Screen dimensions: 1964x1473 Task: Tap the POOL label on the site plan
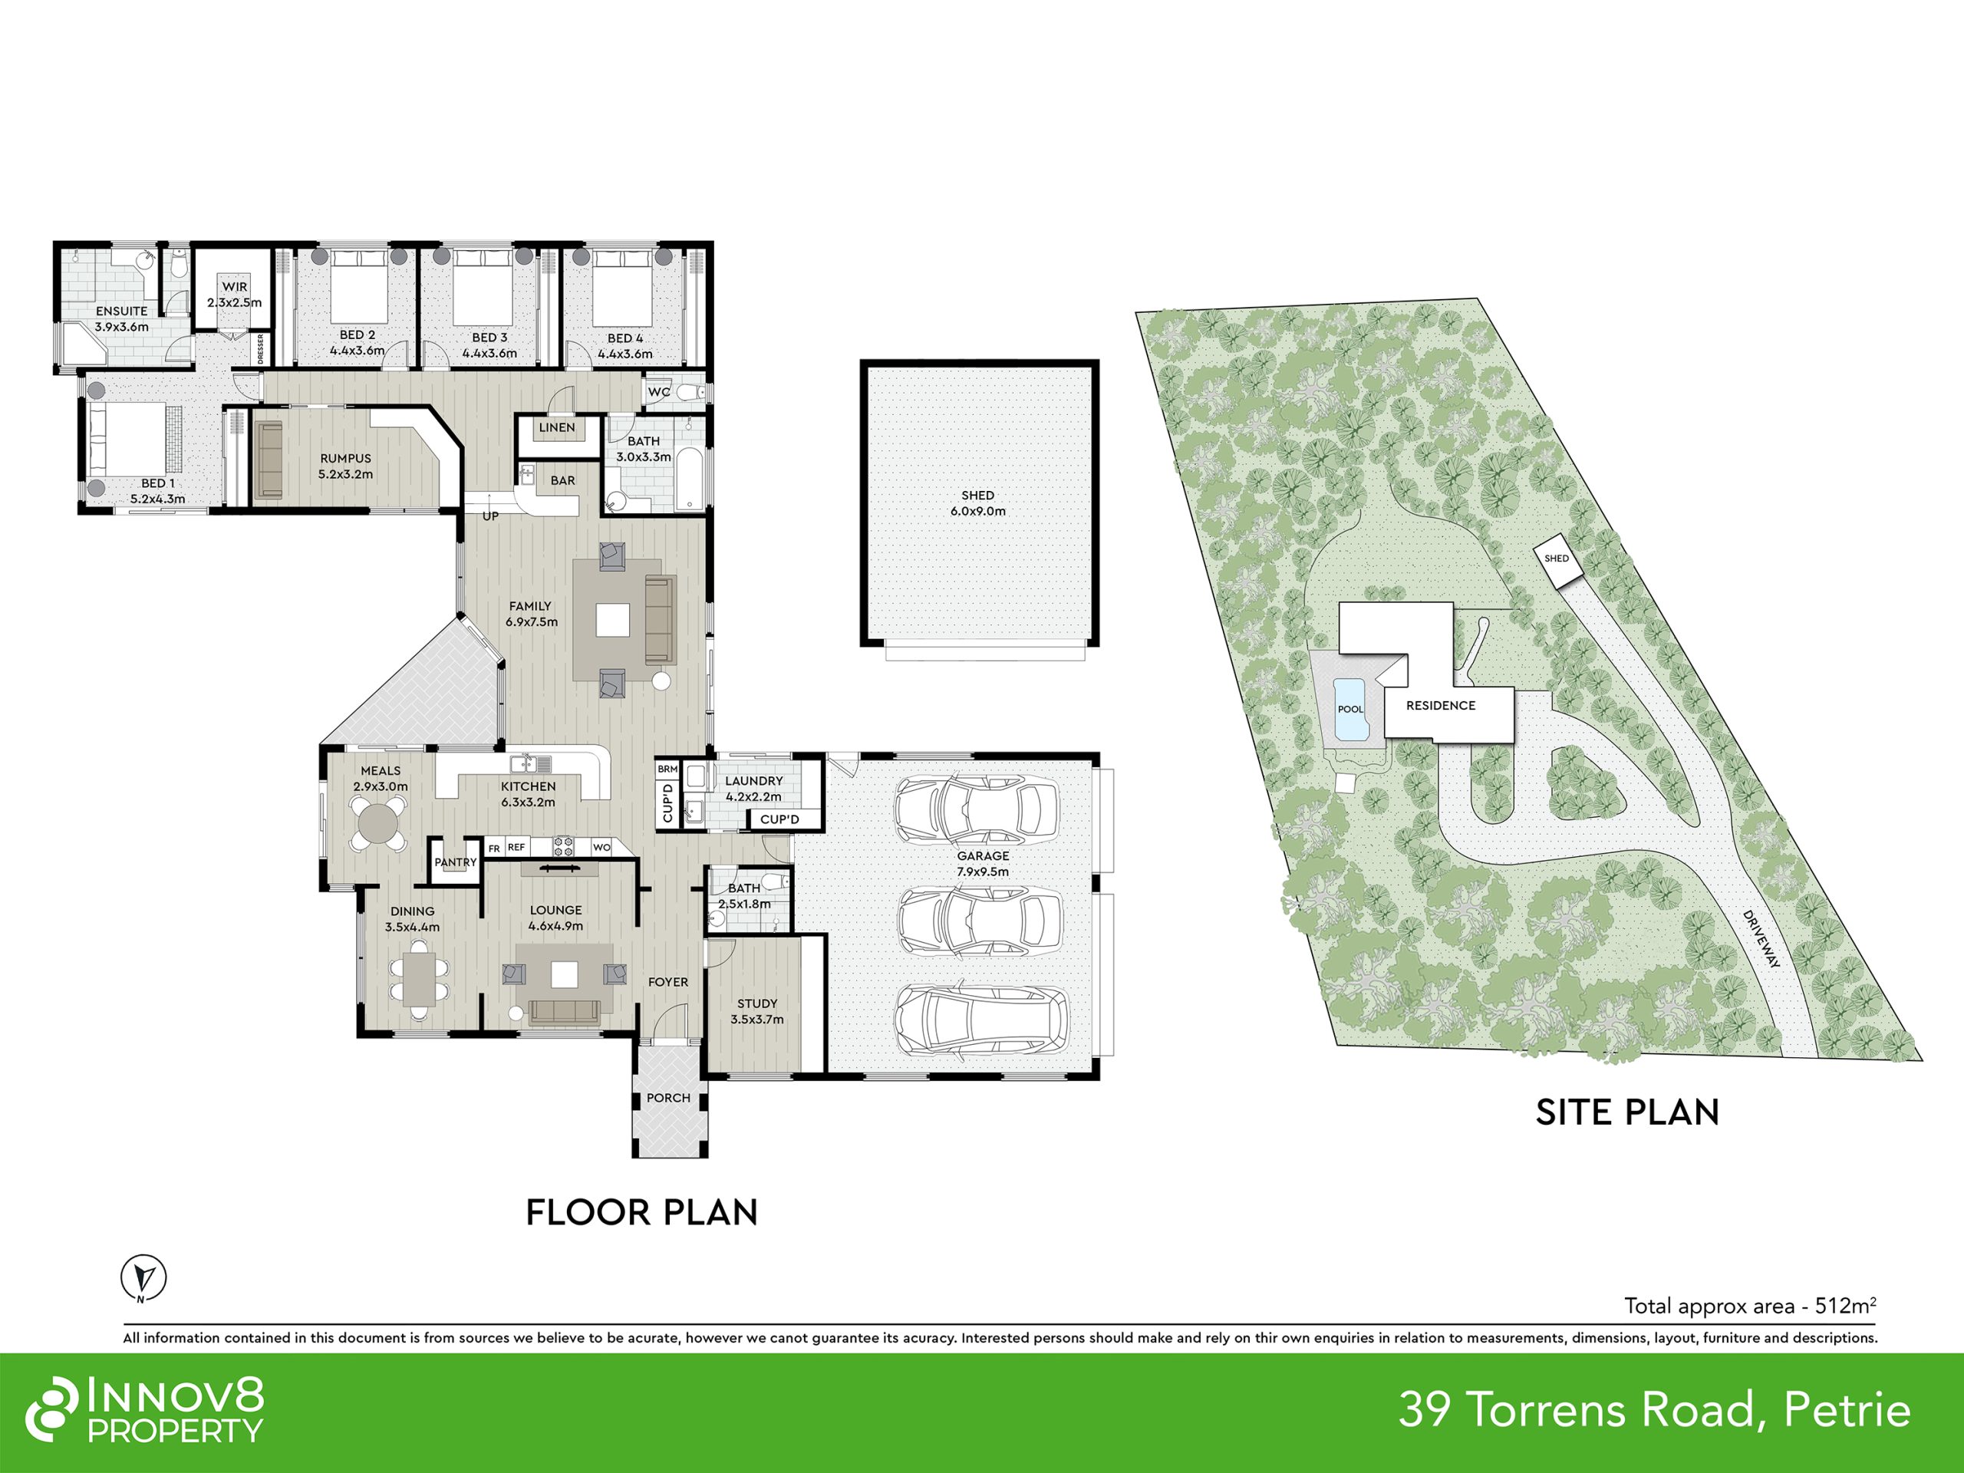pos(1350,710)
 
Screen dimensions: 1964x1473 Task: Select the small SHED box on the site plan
pos(1557,559)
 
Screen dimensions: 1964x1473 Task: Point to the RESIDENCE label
pos(1441,706)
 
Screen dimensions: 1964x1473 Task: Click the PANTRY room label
pos(456,862)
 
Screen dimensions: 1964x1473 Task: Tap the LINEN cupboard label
pos(557,427)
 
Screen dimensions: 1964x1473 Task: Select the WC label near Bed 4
pos(659,391)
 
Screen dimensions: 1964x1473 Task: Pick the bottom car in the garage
pos(981,1020)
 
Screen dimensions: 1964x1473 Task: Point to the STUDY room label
pos(757,1004)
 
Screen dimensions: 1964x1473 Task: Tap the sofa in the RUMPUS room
pos(269,459)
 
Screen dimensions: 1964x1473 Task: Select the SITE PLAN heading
pos(1627,1112)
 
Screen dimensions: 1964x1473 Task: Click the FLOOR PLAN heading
pos(642,1213)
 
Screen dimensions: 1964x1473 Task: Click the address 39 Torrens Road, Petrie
pos(1655,1410)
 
